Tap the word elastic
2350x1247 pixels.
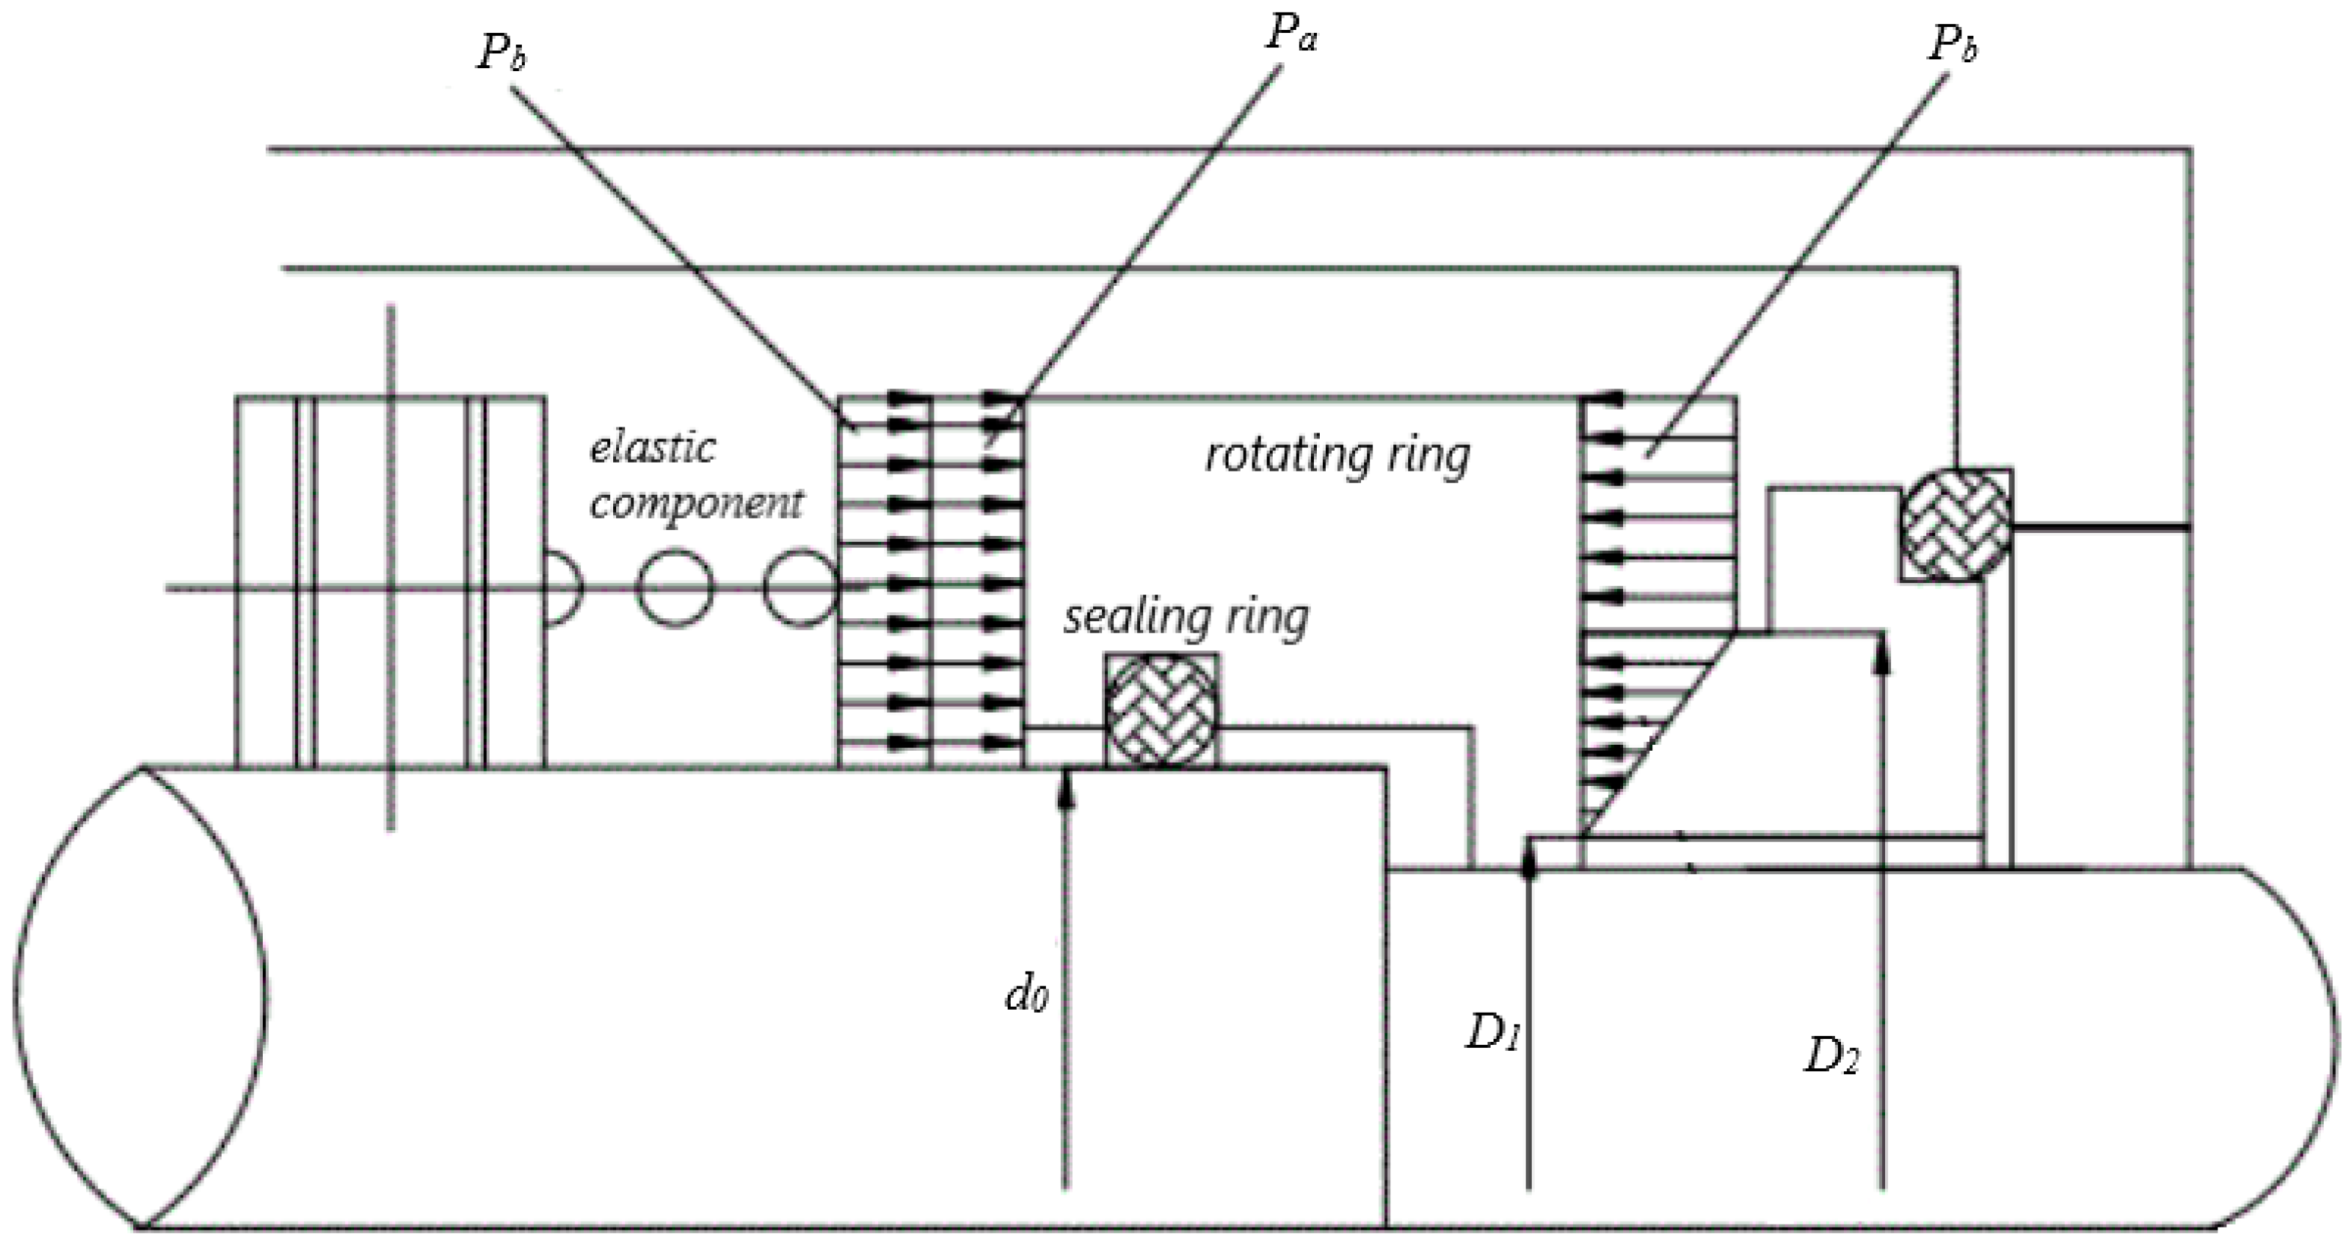653,448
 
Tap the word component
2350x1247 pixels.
696,503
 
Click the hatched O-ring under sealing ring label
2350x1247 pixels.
1160,710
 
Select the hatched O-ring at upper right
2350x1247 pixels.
1956,525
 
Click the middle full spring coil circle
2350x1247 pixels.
675,588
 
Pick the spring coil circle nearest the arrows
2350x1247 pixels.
799,588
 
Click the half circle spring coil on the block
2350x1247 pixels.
560,588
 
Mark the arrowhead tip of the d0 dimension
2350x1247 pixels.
1065,775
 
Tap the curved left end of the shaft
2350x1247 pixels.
137,994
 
